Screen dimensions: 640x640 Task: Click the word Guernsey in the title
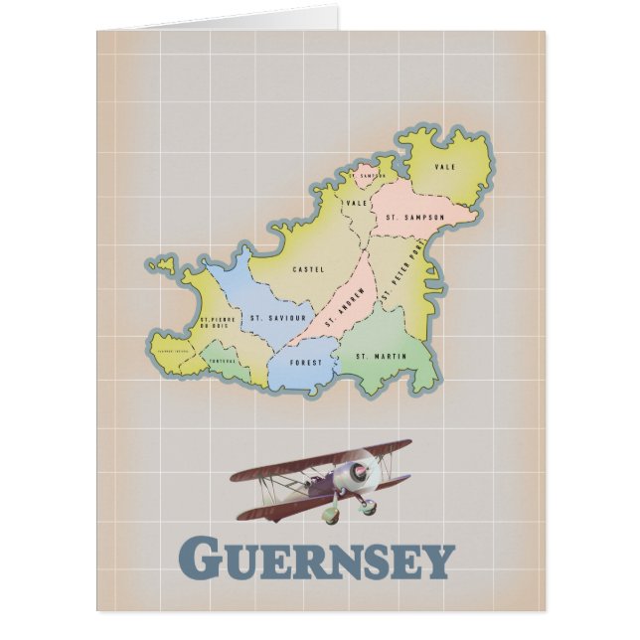319,562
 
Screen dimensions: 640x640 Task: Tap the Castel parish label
309,269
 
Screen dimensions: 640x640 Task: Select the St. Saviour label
271,318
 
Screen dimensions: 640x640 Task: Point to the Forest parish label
306,363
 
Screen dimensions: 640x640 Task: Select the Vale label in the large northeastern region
445,168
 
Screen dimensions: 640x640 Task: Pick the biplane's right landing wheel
368,509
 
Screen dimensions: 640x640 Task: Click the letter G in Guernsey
211,561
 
